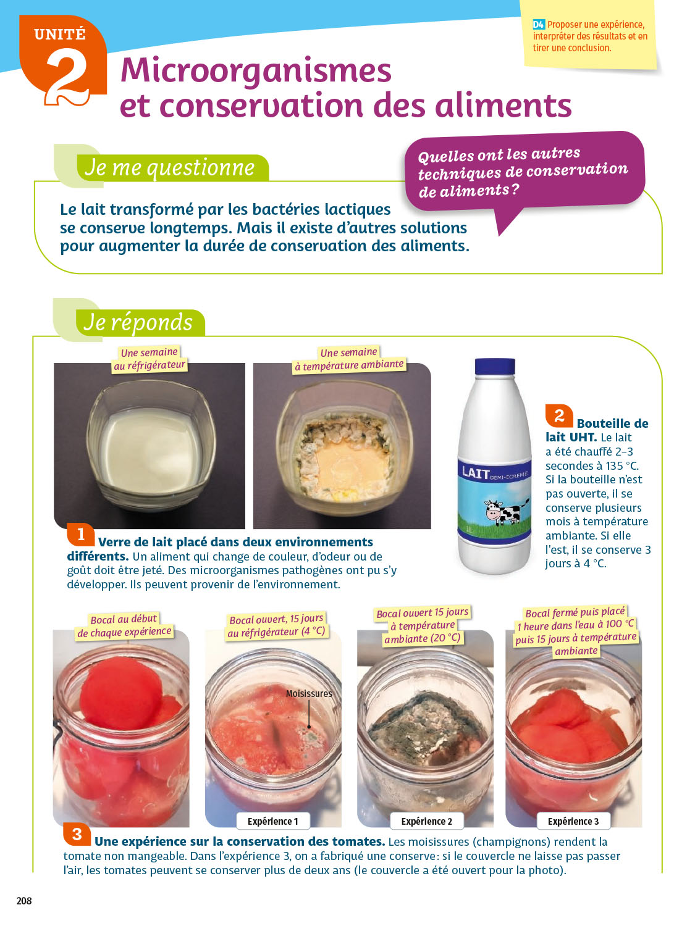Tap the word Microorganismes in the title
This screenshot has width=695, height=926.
pos(256,71)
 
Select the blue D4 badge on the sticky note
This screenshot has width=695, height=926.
pos(539,25)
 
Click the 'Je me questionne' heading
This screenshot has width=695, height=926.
pos(170,167)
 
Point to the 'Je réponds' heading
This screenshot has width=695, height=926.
pos(138,323)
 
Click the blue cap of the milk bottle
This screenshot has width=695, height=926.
pos(495,366)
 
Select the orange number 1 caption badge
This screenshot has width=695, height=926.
pos(80,535)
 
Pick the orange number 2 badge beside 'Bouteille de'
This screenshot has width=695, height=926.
pos(559,415)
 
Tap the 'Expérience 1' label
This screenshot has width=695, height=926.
pos(272,821)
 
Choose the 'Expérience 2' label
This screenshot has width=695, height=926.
pos(426,821)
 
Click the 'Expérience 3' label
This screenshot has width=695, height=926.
pos(573,821)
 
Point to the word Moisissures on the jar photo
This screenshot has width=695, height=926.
pos(309,693)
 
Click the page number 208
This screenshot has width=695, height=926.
pos(24,901)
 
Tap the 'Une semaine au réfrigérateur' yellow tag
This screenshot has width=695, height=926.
pos(150,359)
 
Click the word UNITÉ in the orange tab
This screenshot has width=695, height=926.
pos(60,34)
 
